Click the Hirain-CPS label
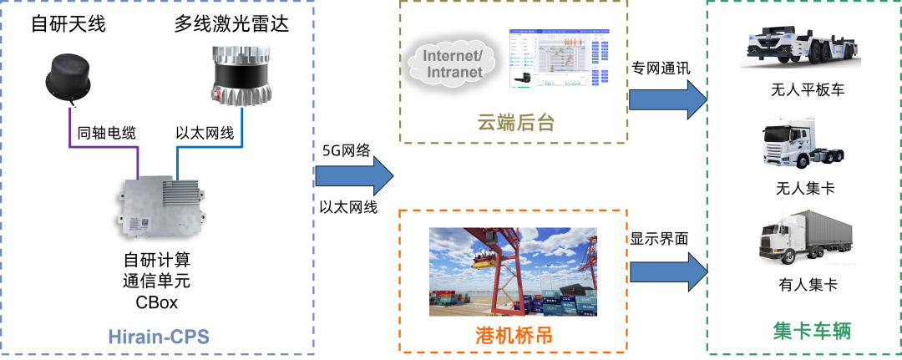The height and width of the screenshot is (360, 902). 158,337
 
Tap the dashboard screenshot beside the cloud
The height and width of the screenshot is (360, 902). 560,58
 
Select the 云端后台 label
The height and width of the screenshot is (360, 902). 515,123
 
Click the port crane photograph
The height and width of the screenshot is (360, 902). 514,271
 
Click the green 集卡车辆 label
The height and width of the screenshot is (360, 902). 800,331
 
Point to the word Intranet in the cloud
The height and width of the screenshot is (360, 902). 454,73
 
